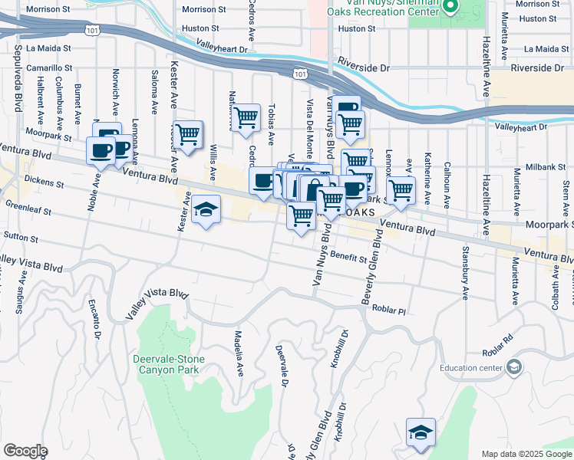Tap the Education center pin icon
click(513, 367)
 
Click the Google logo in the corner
click(25, 451)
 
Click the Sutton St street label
click(21, 238)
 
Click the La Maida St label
click(48, 48)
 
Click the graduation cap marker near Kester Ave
click(205, 210)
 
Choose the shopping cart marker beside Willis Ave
click(188, 135)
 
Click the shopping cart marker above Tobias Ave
click(246, 118)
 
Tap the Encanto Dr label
click(98, 318)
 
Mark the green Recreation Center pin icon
click(451, 7)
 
